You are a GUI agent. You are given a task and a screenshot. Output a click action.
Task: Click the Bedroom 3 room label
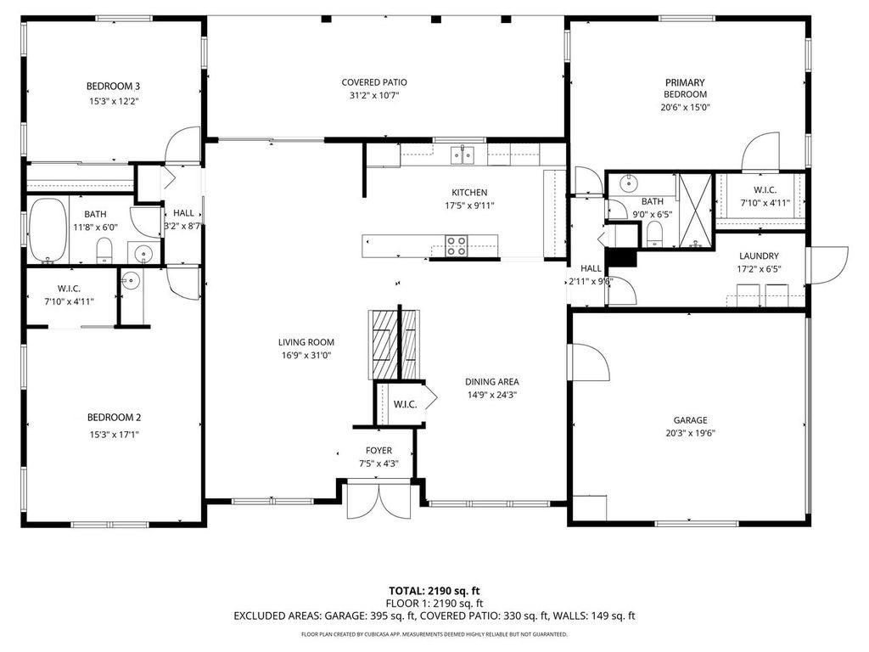(113, 86)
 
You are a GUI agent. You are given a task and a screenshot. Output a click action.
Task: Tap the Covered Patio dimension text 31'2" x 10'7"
(374, 95)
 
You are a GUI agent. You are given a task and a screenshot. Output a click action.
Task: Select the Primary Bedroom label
(685, 88)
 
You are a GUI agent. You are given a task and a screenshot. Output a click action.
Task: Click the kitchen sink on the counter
(463, 155)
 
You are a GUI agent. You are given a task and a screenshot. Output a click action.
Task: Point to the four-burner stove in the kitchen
(457, 246)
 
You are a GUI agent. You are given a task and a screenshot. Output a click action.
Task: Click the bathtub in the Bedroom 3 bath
(48, 230)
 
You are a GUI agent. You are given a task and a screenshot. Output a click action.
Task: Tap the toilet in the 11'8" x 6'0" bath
(104, 250)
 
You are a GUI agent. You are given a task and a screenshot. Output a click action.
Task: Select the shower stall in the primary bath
(695, 211)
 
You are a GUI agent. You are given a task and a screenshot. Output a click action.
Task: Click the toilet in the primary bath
(654, 233)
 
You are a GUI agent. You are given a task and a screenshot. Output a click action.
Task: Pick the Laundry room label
(759, 256)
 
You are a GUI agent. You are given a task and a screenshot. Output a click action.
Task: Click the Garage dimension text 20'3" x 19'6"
(691, 434)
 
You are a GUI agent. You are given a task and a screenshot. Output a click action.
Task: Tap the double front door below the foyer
(378, 501)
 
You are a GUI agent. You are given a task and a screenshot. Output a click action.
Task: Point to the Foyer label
(378, 451)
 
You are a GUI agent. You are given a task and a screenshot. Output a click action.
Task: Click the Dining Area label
(492, 382)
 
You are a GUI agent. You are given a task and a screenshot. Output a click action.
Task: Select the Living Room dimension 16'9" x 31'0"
(306, 356)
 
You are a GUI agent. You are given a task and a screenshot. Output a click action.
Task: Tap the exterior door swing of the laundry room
(827, 265)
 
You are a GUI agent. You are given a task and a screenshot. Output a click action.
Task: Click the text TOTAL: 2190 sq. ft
(434, 591)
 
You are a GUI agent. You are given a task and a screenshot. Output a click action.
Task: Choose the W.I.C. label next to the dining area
(405, 405)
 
